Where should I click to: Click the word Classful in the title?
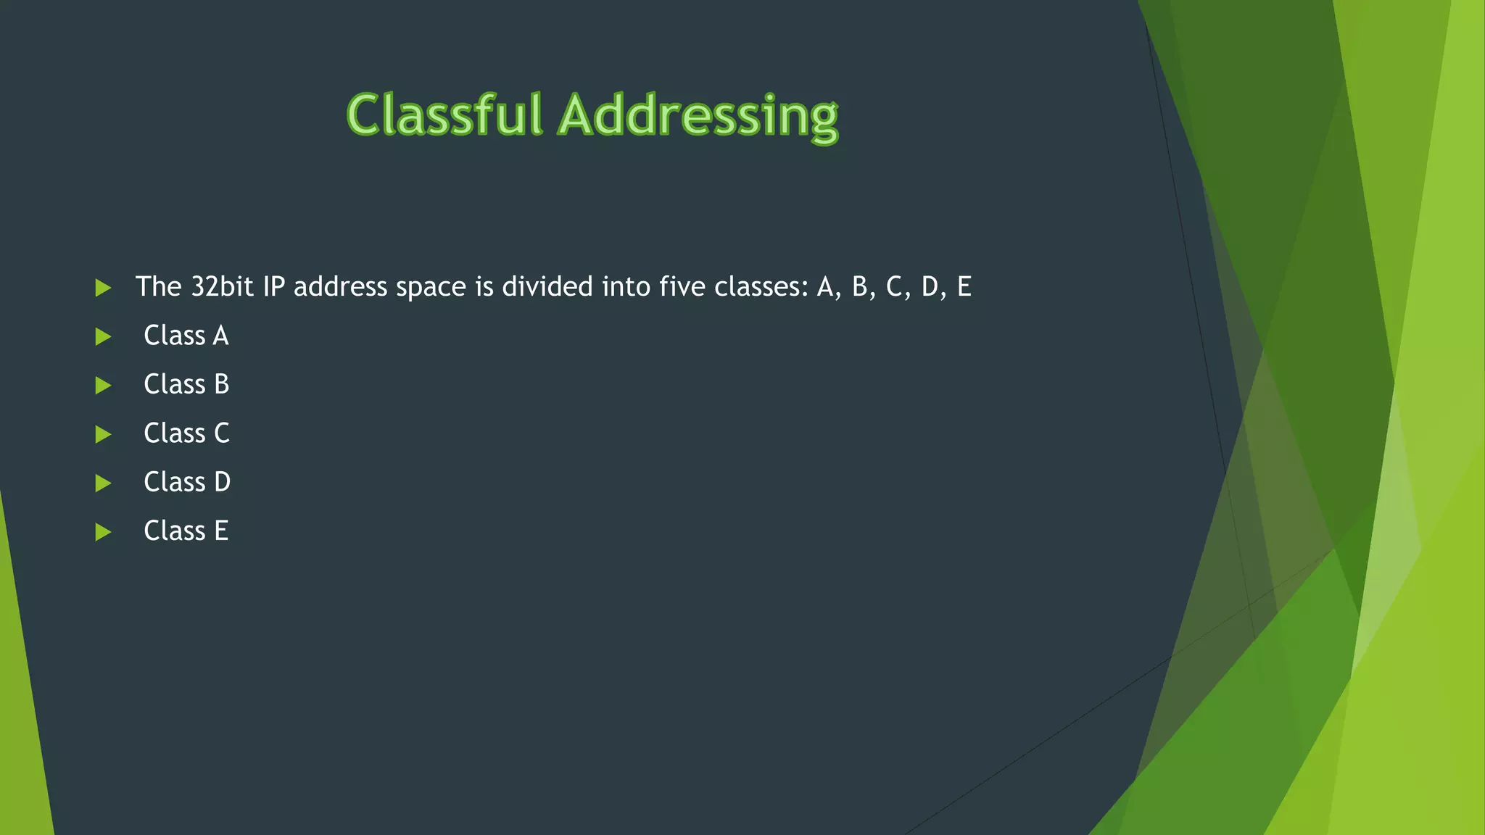444,115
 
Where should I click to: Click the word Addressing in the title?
699,117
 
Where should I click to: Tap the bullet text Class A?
186,336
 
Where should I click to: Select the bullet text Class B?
186,384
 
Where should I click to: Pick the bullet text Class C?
186,433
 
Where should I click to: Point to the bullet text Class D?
187,482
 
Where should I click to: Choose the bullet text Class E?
186,531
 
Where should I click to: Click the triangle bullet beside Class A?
103,337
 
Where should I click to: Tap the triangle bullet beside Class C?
103,435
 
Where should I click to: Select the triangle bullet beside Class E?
103,533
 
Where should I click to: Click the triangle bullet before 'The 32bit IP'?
103,288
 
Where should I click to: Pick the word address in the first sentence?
340,287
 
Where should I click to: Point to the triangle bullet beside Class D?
103,483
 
